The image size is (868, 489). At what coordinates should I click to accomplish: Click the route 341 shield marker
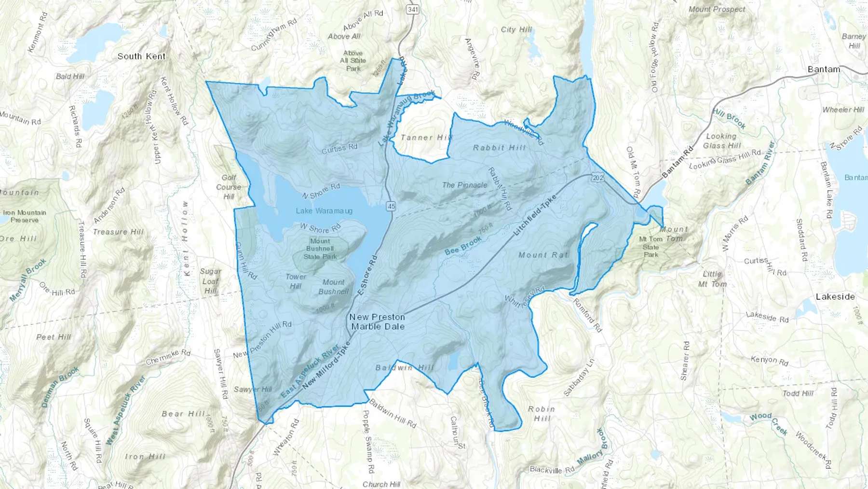click(413, 9)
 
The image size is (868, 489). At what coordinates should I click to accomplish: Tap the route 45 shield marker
click(391, 206)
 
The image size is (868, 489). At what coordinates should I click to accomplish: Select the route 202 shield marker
click(597, 178)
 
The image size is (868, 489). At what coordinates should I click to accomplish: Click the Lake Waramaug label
click(324, 211)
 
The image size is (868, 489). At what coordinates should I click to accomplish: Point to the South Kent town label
click(141, 56)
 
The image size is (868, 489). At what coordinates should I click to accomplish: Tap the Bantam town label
click(824, 70)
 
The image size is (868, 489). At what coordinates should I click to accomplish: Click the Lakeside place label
click(835, 297)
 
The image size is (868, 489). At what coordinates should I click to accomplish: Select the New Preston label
click(377, 317)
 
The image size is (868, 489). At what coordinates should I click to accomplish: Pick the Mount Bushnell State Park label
click(320, 249)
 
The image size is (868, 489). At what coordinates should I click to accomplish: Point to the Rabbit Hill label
click(499, 148)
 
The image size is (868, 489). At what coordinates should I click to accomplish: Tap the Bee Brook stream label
click(463, 245)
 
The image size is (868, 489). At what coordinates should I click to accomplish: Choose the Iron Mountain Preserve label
click(25, 216)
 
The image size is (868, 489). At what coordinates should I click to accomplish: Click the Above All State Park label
click(353, 61)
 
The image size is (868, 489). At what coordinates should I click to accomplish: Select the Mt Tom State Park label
click(651, 247)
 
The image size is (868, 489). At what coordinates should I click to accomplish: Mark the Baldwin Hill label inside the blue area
click(405, 368)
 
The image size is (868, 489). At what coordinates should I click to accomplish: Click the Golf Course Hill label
click(229, 187)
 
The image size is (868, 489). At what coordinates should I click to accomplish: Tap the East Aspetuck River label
click(311, 372)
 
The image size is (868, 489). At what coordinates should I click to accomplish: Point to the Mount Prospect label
click(717, 9)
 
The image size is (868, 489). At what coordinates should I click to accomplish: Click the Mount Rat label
click(543, 255)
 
